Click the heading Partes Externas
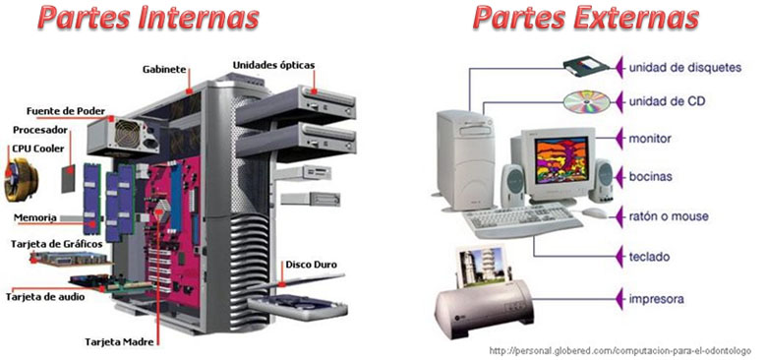(586, 19)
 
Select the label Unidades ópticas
(273, 65)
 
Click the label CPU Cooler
(36, 148)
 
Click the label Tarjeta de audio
(45, 295)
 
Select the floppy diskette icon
(588, 67)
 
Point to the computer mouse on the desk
(594, 211)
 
